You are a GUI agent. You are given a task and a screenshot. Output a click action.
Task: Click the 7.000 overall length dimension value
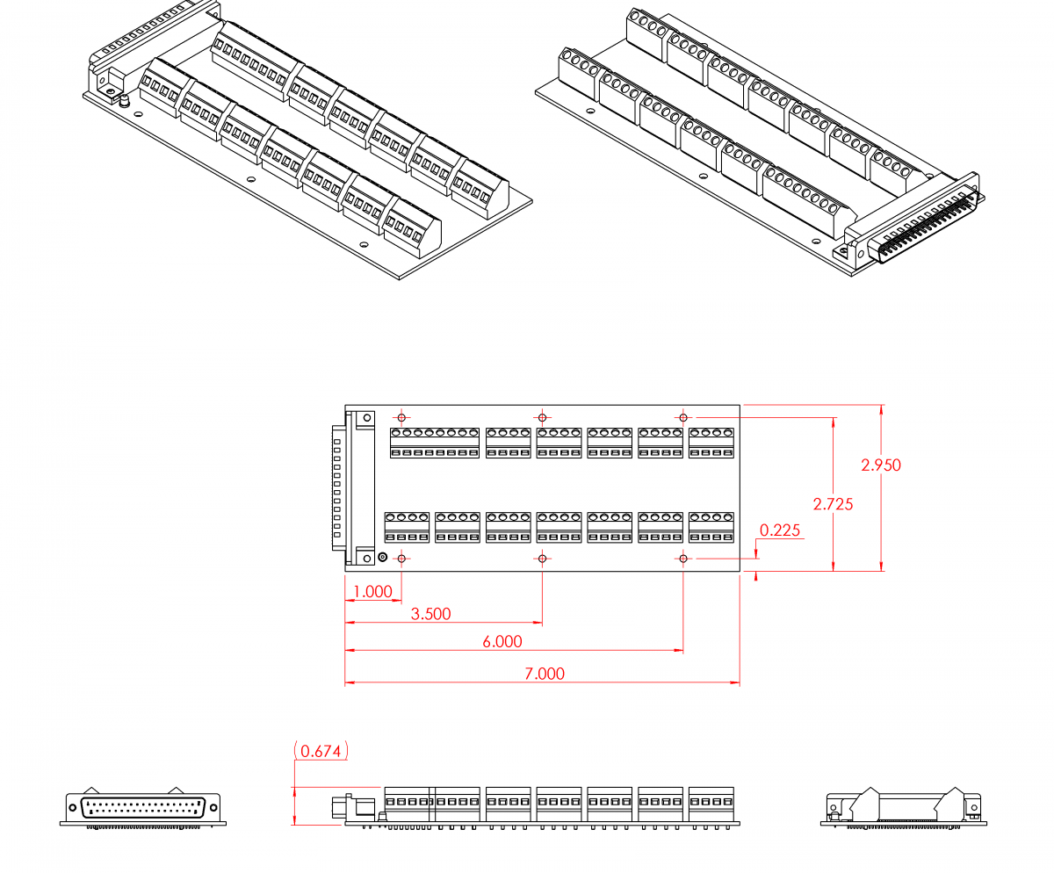pos(545,674)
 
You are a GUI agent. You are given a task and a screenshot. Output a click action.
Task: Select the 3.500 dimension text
pos(431,614)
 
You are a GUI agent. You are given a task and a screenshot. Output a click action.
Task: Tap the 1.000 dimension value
pos(372,591)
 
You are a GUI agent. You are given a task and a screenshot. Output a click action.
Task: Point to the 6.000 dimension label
pos(502,642)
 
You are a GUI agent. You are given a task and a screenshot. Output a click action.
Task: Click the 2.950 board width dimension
pos(881,465)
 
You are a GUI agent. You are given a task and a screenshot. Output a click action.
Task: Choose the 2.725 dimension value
pos(833,504)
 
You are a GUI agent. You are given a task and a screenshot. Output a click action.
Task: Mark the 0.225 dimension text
pos(779,530)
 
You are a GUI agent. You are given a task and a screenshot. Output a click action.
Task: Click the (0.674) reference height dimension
pos(321,751)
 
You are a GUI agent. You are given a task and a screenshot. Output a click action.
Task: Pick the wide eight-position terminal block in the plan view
pos(435,443)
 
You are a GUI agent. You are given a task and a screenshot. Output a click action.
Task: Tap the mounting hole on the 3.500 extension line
pos(543,559)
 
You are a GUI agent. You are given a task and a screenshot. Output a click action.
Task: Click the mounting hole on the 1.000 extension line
pos(402,559)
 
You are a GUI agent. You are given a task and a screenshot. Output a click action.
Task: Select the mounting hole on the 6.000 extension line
pos(683,559)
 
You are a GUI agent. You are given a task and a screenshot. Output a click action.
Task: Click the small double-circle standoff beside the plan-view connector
pos(382,557)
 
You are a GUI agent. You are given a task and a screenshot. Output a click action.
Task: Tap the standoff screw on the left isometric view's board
pos(124,102)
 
